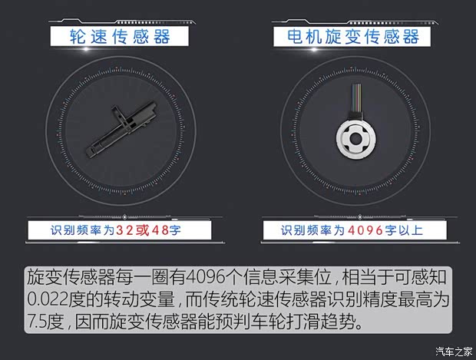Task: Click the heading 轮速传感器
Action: (119, 36)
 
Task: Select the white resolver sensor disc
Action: (355, 140)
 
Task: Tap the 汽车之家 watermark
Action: (452, 352)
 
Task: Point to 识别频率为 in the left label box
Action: (83, 230)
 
